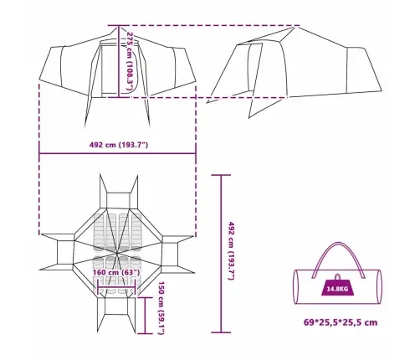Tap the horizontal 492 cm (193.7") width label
click(x=119, y=145)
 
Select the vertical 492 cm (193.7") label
click(x=232, y=251)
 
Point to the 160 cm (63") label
click(x=116, y=272)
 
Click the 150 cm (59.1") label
click(x=161, y=307)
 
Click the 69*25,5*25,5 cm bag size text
click(x=341, y=322)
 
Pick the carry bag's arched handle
click(x=339, y=243)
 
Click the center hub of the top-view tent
click(x=117, y=253)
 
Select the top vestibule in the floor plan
click(x=119, y=200)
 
